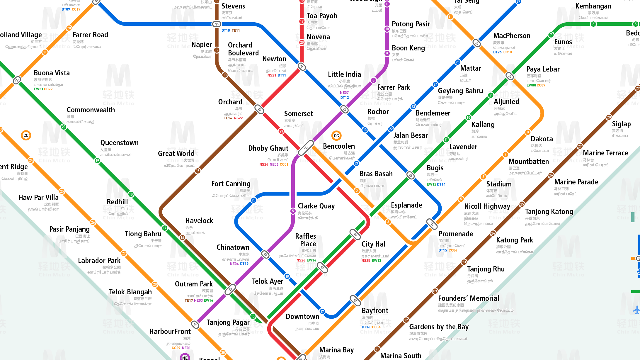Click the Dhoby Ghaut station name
268,148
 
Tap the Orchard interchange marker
259,109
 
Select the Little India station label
344,74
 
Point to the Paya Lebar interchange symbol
510,76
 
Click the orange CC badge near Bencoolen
336,136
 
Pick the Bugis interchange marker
411,175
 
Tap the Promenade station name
456,234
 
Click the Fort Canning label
231,184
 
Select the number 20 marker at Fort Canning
253,200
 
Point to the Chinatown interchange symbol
265,254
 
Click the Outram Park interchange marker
230,290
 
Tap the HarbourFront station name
170,332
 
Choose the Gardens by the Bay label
439,327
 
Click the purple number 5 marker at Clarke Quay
293,211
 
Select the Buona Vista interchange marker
17,80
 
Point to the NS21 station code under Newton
272,75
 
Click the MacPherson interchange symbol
477,43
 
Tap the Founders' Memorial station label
468,298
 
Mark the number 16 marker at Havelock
182,237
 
